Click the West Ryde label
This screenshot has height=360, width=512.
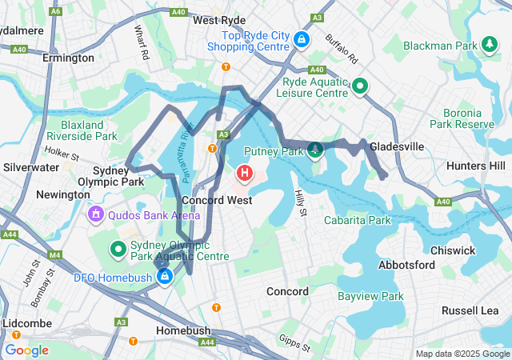coord(219,20)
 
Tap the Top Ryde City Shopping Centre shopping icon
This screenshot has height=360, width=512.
coord(302,38)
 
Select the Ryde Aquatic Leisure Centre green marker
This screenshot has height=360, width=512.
coord(361,86)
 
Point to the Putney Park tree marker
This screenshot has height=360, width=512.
coord(316,149)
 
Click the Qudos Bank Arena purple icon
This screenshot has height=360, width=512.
coord(95,214)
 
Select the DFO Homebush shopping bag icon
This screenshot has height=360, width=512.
coord(164,277)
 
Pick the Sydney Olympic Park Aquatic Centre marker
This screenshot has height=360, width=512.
coord(118,250)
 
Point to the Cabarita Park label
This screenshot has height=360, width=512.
coord(358,220)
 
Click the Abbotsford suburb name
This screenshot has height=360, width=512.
coord(406,265)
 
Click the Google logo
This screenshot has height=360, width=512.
coord(26,350)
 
